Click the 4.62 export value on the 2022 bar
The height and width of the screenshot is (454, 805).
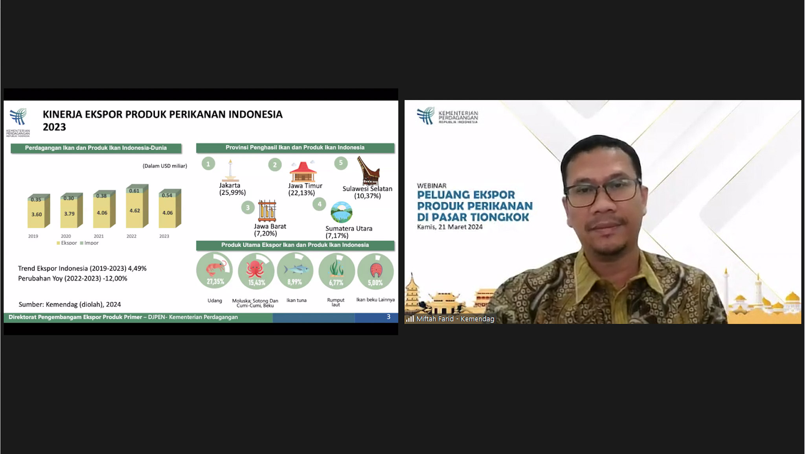pyautogui.click(x=135, y=210)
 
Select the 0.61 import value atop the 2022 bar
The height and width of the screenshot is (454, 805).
pyautogui.click(x=134, y=191)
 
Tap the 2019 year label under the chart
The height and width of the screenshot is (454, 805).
pyautogui.click(x=33, y=236)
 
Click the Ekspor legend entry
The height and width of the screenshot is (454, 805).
pyautogui.click(x=67, y=243)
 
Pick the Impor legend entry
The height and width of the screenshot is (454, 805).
pyautogui.click(x=89, y=243)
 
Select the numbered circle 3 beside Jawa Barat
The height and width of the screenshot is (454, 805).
pyautogui.click(x=248, y=207)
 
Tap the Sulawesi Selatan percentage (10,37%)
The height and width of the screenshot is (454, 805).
pyautogui.click(x=368, y=196)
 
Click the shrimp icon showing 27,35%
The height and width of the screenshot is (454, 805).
pyautogui.click(x=215, y=271)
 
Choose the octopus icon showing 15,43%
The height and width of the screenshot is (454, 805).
pyautogui.click(x=256, y=271)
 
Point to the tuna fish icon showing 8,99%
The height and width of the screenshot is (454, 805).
pyautogui.click(x=295, y=271)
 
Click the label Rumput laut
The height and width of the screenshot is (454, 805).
pyautogui.click(x=336, y=302)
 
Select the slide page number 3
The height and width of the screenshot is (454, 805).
pyautogui.click(x=388, y=317)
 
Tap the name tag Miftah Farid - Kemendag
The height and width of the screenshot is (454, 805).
pyautogui.click(x=455, y=319)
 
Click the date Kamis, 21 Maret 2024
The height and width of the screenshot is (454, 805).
pyautogui.click(x=450, y=227)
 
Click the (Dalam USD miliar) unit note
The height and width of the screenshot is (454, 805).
pyautogui.click(x=165, y=166)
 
